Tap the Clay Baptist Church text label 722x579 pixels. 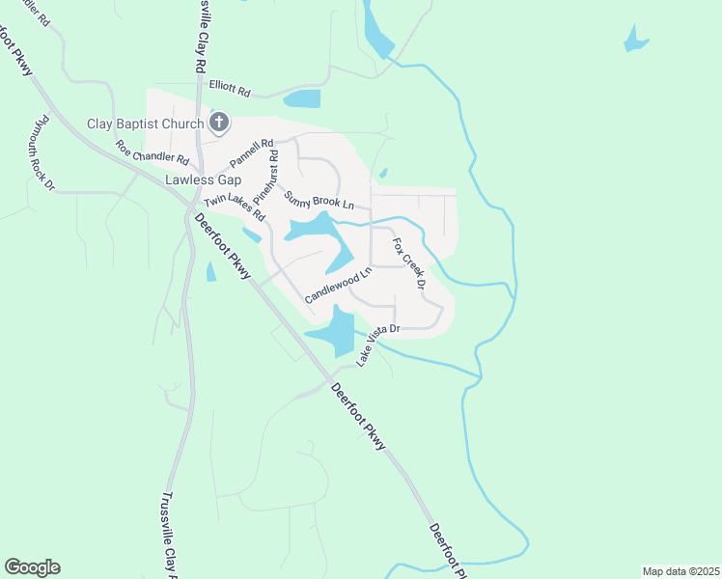pyautogui.click(x=146, y=124)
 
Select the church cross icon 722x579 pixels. pyautogui.click(x=219, y=123)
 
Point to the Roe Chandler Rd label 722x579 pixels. pyautogui.click(x=152, y=152)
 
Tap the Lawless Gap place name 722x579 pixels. pyautogui.click(x=201, y=179)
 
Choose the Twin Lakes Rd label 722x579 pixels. pyautogui.click(x=234, y=209)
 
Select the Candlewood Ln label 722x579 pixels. pyautogui.click(x=338, y=288)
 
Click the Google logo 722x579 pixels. pyautogui.click(x=32, y=567)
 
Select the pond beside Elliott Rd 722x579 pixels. pyautogui.click(x=303, y=98)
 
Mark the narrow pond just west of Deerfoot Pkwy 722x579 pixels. pyautogui.click(x=211, y=272)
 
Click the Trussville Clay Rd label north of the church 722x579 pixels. pyautogui.click(x=202, y=39)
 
